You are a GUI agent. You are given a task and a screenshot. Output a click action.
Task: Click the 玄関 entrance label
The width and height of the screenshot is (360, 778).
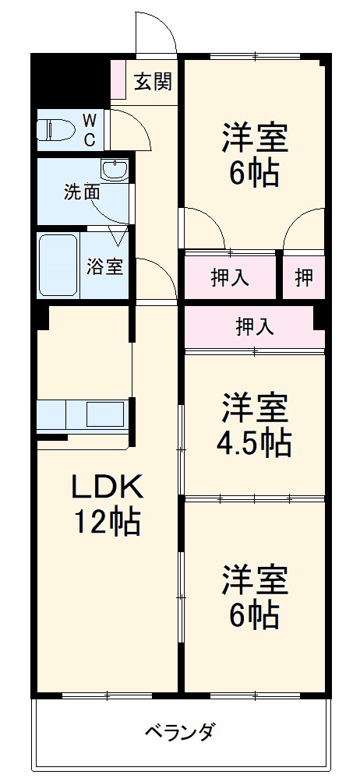[153, 81]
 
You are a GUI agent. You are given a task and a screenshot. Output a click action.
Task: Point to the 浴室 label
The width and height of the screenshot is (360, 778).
[104, 266]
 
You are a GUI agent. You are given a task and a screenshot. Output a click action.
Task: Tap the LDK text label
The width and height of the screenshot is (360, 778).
[107, 488]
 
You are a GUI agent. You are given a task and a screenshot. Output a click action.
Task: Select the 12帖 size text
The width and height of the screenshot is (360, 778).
[107, 522]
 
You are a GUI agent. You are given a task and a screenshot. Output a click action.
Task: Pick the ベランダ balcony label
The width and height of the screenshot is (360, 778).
[179, 732]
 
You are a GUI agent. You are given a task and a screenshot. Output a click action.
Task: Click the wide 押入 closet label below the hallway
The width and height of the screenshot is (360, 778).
[254, 327]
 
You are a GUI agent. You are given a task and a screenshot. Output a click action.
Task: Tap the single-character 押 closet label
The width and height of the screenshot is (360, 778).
[304, 278]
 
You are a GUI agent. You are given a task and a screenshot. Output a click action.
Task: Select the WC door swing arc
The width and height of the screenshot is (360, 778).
[129, 128]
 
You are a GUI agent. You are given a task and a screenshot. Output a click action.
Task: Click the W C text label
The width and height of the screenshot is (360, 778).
[90, 129]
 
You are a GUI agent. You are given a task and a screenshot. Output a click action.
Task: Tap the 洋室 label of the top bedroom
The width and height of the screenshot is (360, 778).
[254, 139]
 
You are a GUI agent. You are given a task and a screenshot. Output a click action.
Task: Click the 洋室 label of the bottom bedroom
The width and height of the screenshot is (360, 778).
[254, 579]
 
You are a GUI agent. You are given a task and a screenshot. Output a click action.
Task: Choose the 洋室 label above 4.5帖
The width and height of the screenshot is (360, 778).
[254, 407]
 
